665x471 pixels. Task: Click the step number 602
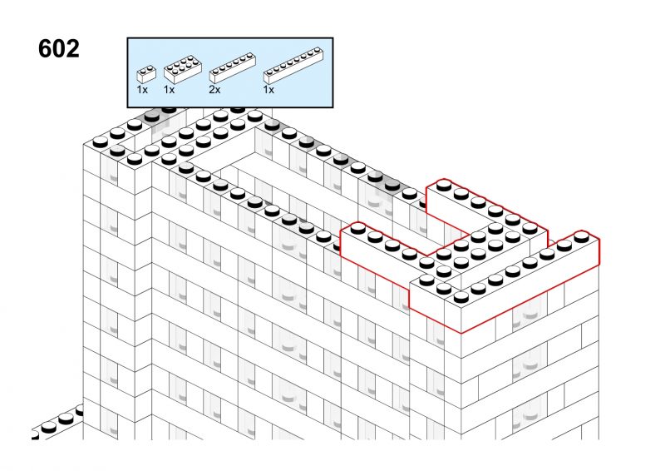coord(58,48)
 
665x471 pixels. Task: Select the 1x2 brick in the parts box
coord(146,74)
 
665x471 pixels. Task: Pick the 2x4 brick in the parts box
coord(182,69)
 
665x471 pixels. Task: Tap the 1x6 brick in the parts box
coord(233,67)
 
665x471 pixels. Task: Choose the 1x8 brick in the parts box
coord(293,65)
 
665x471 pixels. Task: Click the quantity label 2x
coord(214,90)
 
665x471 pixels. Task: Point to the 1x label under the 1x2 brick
coord(142,90)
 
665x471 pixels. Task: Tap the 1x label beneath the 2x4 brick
coord(170,90)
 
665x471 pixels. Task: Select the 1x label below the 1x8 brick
coord(268,90)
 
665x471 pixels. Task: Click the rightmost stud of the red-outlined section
coord(581,236)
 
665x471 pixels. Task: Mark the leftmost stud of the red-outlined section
coord(358,229)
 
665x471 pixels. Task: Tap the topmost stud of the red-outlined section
coord(444,186)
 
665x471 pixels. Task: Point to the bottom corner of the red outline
coord(461,333)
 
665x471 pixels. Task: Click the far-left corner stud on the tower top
coord(100,141)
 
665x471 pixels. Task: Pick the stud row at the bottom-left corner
coord(57,422)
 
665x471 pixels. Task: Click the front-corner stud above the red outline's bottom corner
coord(461,297)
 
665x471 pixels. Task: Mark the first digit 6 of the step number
coord(45,48)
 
